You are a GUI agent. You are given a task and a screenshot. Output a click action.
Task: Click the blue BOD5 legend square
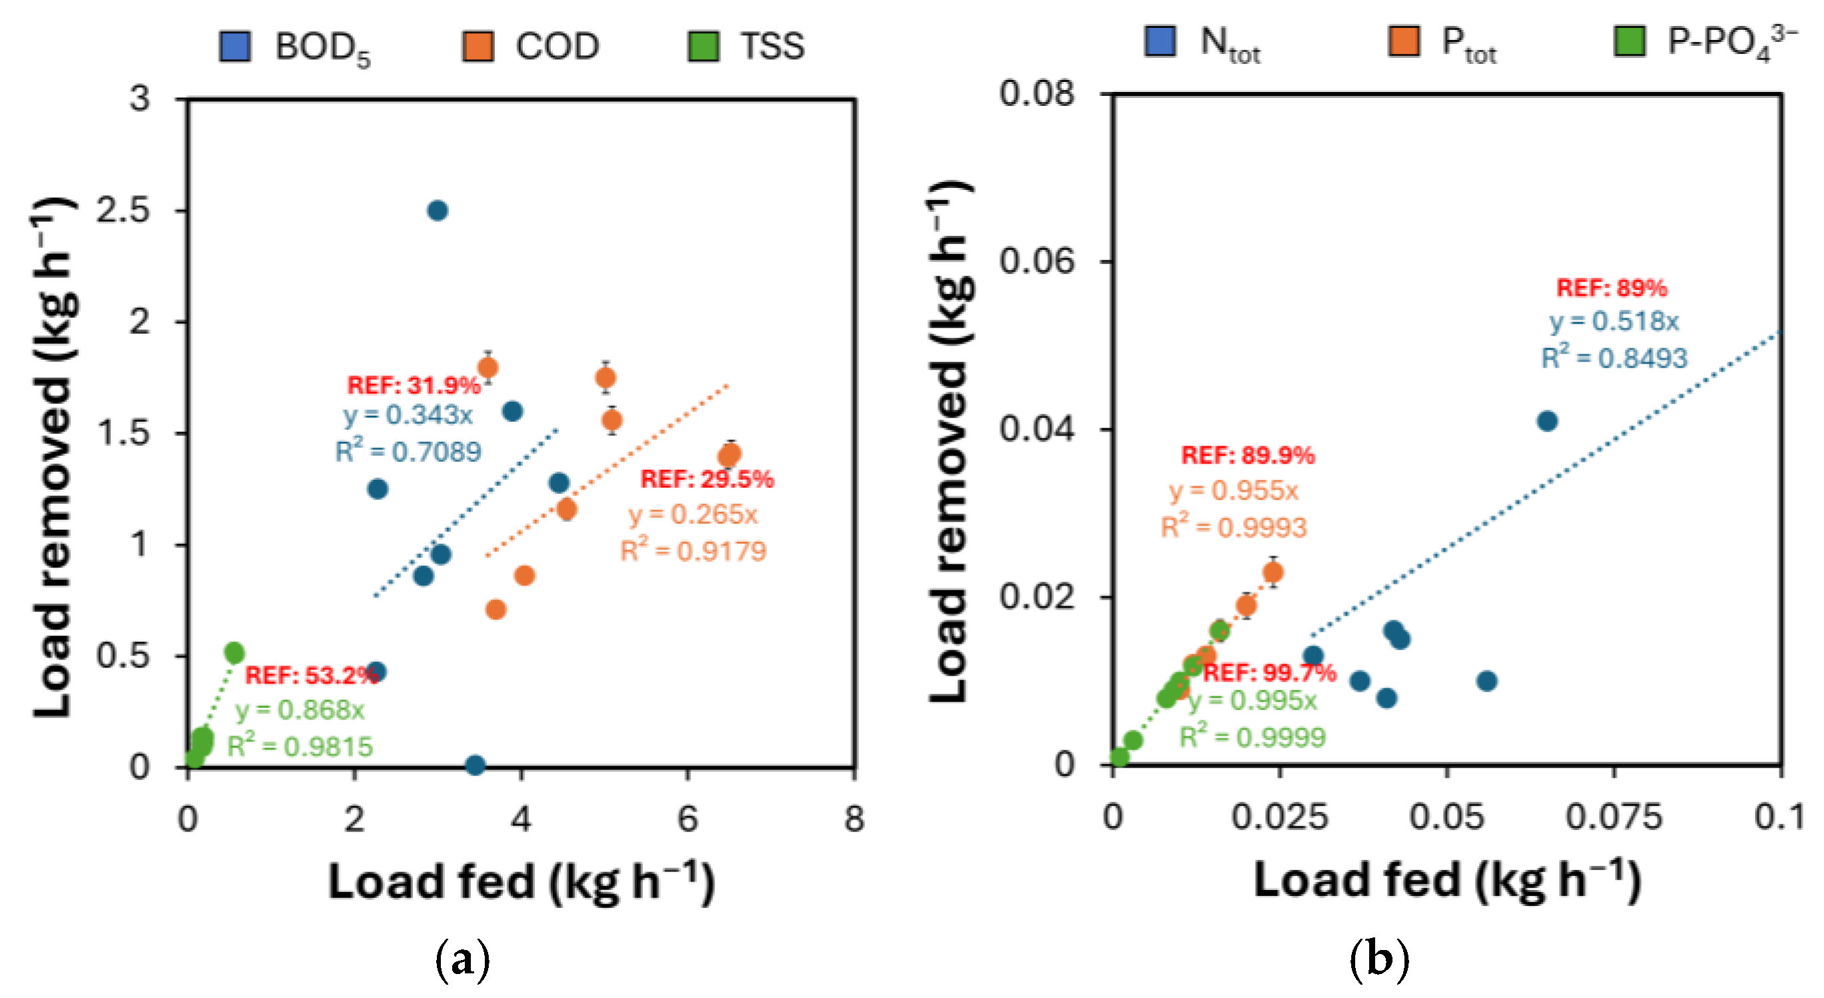point(235,47)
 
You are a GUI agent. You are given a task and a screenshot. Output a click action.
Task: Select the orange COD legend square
point(478,47)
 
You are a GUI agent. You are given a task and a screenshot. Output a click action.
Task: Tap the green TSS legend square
point(703,47)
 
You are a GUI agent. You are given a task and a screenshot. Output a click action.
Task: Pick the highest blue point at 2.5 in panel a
point(438,211)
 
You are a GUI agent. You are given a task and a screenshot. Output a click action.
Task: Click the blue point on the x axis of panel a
point(475,765)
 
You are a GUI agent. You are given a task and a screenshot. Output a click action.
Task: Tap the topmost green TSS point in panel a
point(234,652)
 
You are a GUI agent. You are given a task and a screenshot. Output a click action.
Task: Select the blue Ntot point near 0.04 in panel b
point(1547,422)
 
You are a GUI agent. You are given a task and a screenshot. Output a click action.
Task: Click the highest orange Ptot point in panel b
point(1273,572)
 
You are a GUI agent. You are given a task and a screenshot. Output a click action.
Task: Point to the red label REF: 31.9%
point(414,385)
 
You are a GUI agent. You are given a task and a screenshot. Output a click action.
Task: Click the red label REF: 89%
point(1612,288)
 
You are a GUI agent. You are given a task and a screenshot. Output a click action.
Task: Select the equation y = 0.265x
point(693,514)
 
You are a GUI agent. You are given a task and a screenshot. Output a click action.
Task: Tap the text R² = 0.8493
point(1614,358)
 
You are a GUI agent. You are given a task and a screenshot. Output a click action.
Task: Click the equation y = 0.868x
point(300,709)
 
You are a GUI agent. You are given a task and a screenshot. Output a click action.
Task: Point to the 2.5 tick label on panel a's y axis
point(124,211)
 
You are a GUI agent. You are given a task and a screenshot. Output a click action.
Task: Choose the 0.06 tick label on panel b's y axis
point(1037,261)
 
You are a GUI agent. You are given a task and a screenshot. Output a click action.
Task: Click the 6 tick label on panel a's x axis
point(687,819)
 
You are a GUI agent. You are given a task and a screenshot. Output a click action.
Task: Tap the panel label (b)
point(1378,959)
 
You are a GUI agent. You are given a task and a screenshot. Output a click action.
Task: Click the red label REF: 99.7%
point(1269,672)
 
